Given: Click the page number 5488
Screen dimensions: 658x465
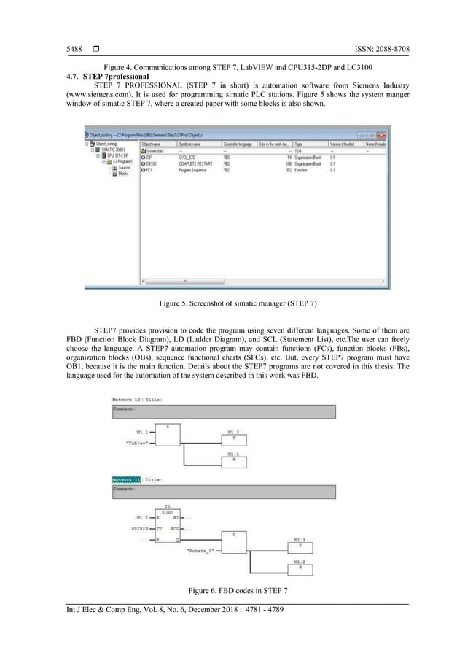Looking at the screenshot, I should coord(64,49).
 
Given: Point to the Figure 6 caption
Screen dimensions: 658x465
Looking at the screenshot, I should coord(232,589).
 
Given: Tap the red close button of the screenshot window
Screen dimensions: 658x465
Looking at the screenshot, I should coord(383,136).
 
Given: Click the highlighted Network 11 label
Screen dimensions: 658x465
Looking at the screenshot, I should coord(127,480).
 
